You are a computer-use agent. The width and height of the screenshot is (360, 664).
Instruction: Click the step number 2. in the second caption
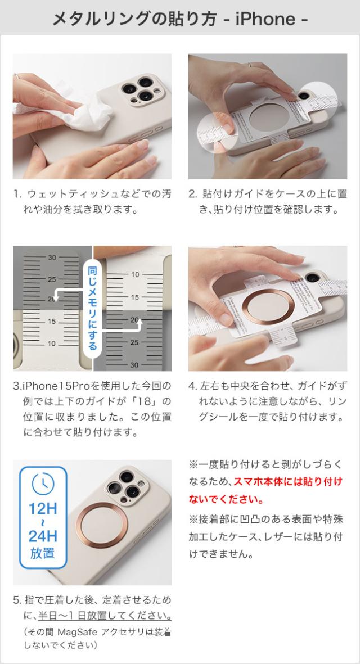tap(192, 195)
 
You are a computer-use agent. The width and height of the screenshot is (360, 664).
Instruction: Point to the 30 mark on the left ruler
tap(52, 258)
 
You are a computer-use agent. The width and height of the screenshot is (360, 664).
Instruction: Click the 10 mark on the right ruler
tap(135, 274)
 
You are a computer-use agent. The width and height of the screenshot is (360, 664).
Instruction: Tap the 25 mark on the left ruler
tap(52, 279)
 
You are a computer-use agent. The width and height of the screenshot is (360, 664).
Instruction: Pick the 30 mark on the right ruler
tap(135, 364)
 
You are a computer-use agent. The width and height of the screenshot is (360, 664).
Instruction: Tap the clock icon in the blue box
tap(43, 482)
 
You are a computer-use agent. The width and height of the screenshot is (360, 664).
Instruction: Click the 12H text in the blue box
tap(43, 509)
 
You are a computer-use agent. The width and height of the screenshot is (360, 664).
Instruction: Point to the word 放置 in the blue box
tap(43, 553)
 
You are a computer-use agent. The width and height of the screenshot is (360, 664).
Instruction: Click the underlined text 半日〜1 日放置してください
tap(105, 615)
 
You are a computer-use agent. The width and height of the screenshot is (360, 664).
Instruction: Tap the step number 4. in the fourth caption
tap(192, 387)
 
